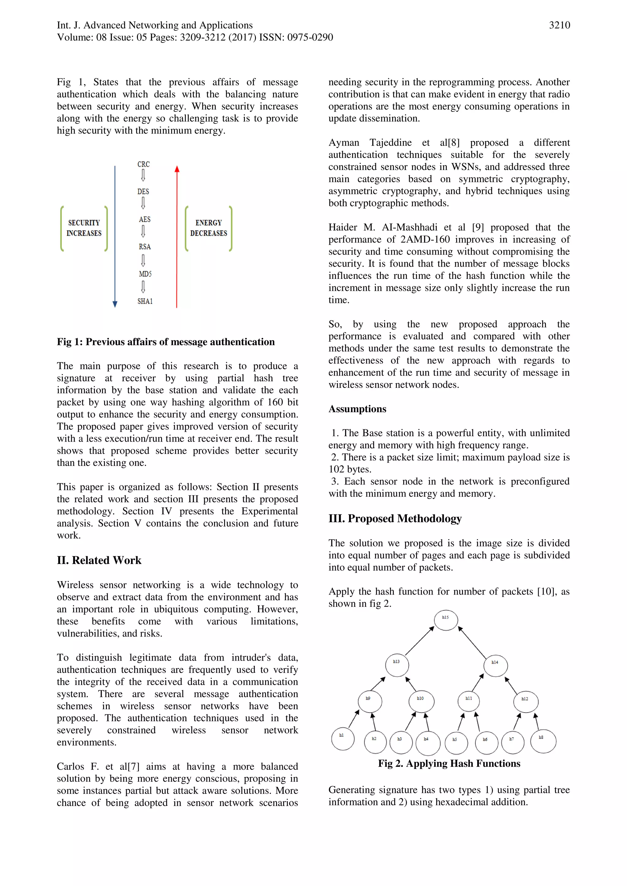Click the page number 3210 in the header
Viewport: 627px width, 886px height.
tap(559, 25)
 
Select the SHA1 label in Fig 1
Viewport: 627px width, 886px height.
tap(145, 301)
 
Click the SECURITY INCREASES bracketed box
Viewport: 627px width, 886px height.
tap(84, 228)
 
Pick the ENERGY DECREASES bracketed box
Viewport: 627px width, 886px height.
tap(208, 228)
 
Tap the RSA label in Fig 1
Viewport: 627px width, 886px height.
tap(145, 247)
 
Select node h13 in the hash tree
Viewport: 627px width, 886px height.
tap(397, 665)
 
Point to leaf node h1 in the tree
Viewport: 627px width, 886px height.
tap(343, 739)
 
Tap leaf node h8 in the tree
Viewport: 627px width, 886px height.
tap(543, 741)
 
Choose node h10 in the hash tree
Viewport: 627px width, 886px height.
tap(421, 701)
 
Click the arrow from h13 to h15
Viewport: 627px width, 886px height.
tap(419, 641)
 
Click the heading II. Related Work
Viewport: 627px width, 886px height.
tap(99, 560)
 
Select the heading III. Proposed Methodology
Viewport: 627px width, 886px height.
tap(395, 518)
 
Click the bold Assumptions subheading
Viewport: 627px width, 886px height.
tap(357, 409)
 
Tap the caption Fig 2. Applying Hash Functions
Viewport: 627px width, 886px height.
tap(449, 763)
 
